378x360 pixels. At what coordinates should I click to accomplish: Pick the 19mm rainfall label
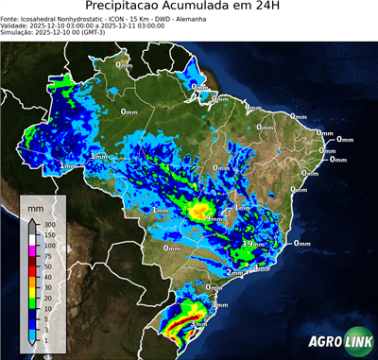pyautogui.click(x=252, y=244)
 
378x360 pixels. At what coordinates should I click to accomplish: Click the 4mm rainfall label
pyautogui.click(x=262, y=268)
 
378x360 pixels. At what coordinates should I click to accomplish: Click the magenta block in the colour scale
pyautogui.click(x=31, y=250)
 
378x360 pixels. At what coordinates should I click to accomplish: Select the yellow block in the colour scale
pyautogui.click(x=31, y=290)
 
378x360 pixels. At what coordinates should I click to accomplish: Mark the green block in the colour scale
pyautogui.click(x=31, y=301)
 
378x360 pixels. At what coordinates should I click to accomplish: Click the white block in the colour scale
pyautogui.click(x=31, y=240)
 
